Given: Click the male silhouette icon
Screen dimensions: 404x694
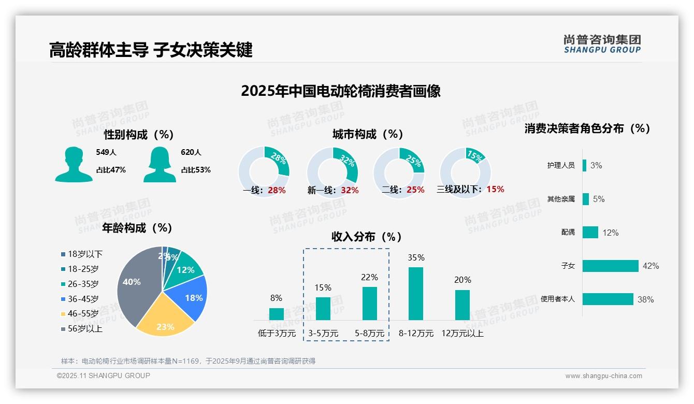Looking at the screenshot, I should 74,164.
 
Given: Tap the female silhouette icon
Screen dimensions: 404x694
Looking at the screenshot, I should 160,164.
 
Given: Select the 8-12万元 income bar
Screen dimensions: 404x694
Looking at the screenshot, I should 416,294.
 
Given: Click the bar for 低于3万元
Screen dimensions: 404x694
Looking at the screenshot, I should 276,314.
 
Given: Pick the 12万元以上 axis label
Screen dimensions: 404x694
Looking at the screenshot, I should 462,334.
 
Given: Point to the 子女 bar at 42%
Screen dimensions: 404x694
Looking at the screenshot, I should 610,266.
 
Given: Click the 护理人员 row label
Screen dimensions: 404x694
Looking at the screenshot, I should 560,165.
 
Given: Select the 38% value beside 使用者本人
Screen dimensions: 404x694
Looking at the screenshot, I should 645,299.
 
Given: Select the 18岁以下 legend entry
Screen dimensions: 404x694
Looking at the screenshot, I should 82,254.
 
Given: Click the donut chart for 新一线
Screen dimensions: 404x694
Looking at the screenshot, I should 332,172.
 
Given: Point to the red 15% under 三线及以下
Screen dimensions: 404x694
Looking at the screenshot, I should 495,190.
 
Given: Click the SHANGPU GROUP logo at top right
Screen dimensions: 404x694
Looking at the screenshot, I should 602,44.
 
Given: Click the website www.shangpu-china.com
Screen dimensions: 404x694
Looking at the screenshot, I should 603,376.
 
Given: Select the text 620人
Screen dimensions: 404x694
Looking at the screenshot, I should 191,152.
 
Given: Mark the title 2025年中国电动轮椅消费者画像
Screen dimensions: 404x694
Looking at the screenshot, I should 340,91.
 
